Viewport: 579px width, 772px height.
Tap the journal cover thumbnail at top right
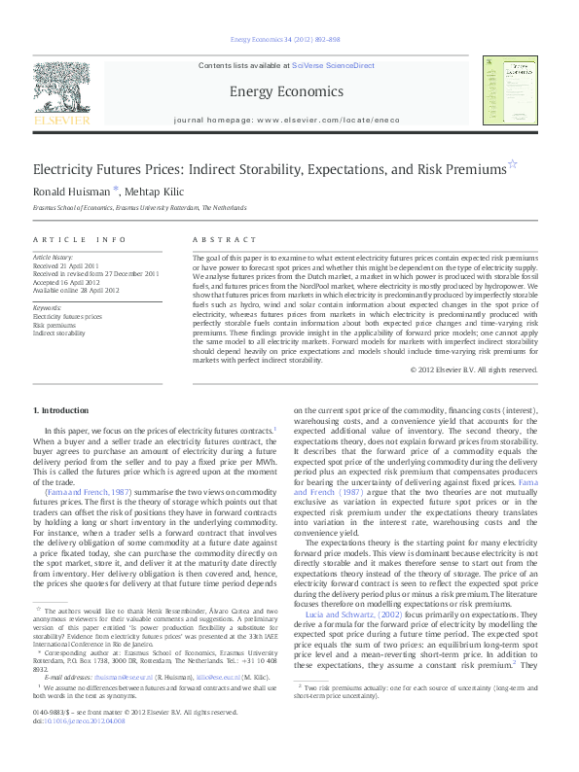[x=511, y=90]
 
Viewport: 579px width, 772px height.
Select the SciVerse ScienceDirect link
[x=333, y=64]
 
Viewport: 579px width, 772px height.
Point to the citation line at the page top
[x=284, y=40]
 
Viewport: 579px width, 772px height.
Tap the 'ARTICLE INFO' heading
[x=80, y=238]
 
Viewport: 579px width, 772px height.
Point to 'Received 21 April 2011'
[x=67, y=264]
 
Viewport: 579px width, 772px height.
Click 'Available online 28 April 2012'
[x=76, y=289]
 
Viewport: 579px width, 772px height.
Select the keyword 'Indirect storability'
[x=59, y=333]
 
